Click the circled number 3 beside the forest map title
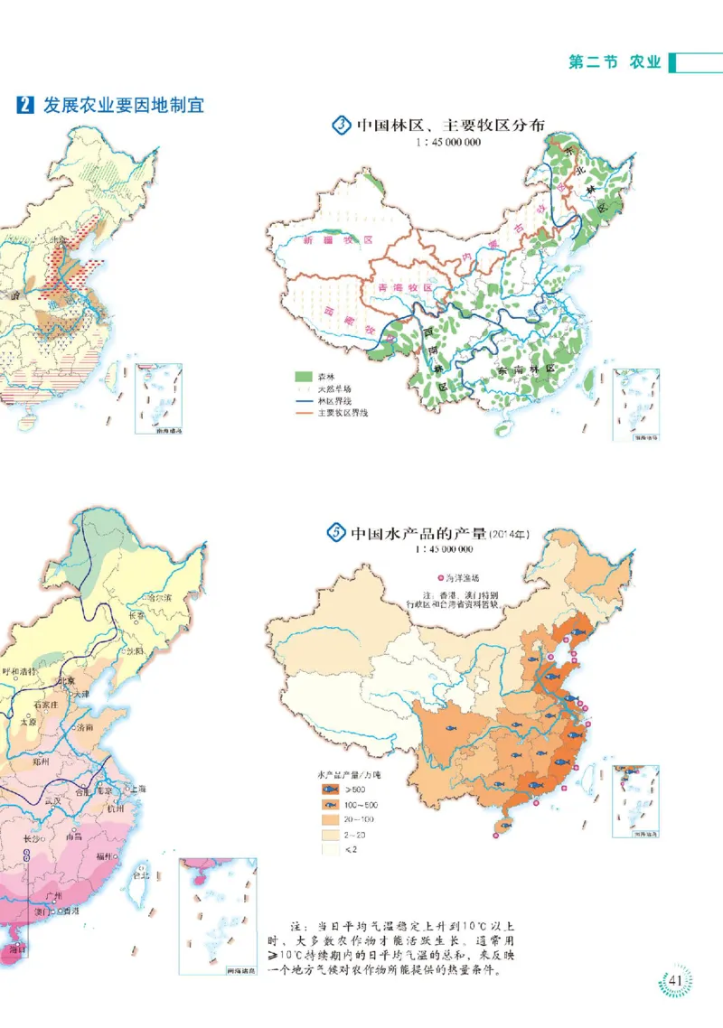coord(341,126)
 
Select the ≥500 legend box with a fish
coord(328,790)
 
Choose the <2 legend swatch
coord(328,849)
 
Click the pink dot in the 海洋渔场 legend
coord(439,576)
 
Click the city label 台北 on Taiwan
coord(139,874)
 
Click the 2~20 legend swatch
coord(328,834)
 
